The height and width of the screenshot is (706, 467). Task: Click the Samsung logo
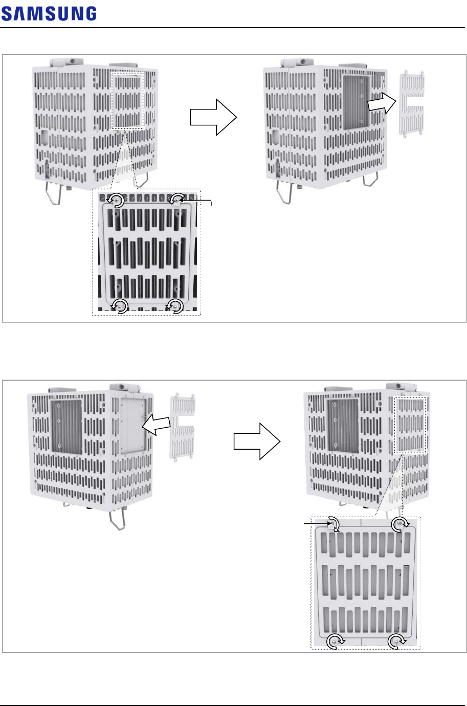pyautogui.click(x=49, y=14)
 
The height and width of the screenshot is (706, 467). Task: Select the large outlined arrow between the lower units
pyautogui.click(x=257, y=441)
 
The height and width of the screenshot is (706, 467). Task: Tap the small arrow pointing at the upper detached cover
pyautogui.click(x=382, y=103)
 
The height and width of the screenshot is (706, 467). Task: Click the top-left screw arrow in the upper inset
pyautogui.click(x=116, y=201)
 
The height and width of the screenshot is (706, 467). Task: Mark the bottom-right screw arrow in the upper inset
pyautogui.click(x=176, y=306)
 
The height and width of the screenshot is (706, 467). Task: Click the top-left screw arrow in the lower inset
pyautogui.click(x=333, y=524)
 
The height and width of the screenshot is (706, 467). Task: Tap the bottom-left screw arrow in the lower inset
pyautogui.click(x=336, y=641)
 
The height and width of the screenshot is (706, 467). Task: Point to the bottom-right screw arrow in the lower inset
pyautogui.click(x=396, y=641)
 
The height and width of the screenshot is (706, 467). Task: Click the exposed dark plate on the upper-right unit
pyautogui.click(x=356, y=101)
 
